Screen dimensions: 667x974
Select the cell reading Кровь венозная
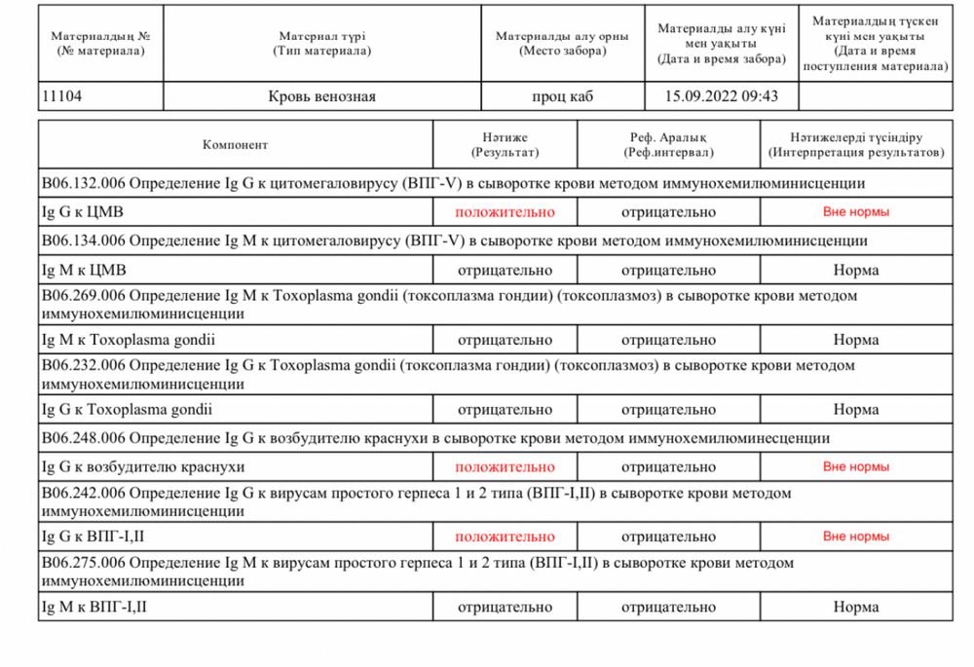(321, 96)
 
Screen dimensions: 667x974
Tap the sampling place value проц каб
(562, 96)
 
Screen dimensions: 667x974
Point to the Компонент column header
(235, 145)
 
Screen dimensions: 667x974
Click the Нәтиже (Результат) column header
(505, 145)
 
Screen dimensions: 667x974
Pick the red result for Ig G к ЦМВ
(505, 211)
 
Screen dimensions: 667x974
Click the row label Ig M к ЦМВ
(84, 270)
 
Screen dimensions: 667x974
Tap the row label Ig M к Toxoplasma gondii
(128, 340)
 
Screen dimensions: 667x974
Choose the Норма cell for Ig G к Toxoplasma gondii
(855, 410)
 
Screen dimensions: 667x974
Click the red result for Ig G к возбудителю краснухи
(505, 467)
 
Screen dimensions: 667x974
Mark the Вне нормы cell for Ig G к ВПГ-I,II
(855, 537)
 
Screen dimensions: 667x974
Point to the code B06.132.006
(83, 183)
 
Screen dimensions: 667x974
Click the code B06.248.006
(83, 439)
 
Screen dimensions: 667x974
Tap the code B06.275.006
(83, 563)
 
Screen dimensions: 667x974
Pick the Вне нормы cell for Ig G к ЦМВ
(855, 211)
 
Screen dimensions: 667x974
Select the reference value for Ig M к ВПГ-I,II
(668, 607)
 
